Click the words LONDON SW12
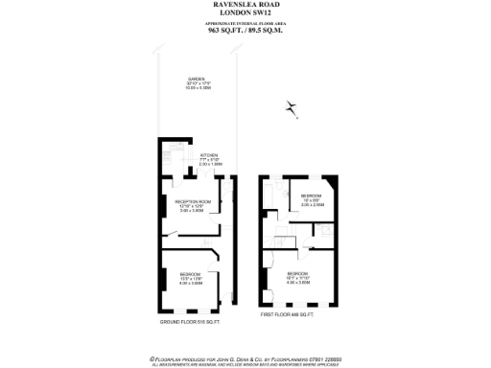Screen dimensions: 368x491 click(245, 14)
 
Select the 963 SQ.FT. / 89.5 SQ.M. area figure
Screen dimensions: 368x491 click(245, 30)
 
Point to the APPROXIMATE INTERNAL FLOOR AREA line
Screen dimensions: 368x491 click(245, 22)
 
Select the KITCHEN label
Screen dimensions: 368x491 click(209, 157)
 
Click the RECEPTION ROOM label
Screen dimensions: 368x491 click(192, 204)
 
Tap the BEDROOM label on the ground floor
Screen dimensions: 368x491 click(192, 279)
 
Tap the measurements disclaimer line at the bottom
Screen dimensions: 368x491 click(245, 362)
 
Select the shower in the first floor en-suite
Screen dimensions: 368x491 click(326, 229)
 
